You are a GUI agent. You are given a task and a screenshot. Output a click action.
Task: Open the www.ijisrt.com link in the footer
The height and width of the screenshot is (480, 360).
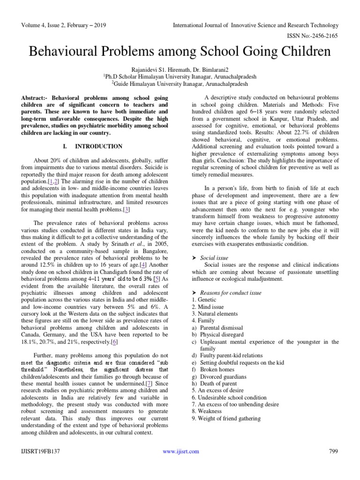180,451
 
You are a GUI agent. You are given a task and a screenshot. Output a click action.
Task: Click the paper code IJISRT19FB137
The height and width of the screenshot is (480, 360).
43,451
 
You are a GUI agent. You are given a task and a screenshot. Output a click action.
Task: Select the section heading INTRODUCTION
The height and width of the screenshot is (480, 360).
92,146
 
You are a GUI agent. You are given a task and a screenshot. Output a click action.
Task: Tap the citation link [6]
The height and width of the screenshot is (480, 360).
114,343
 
